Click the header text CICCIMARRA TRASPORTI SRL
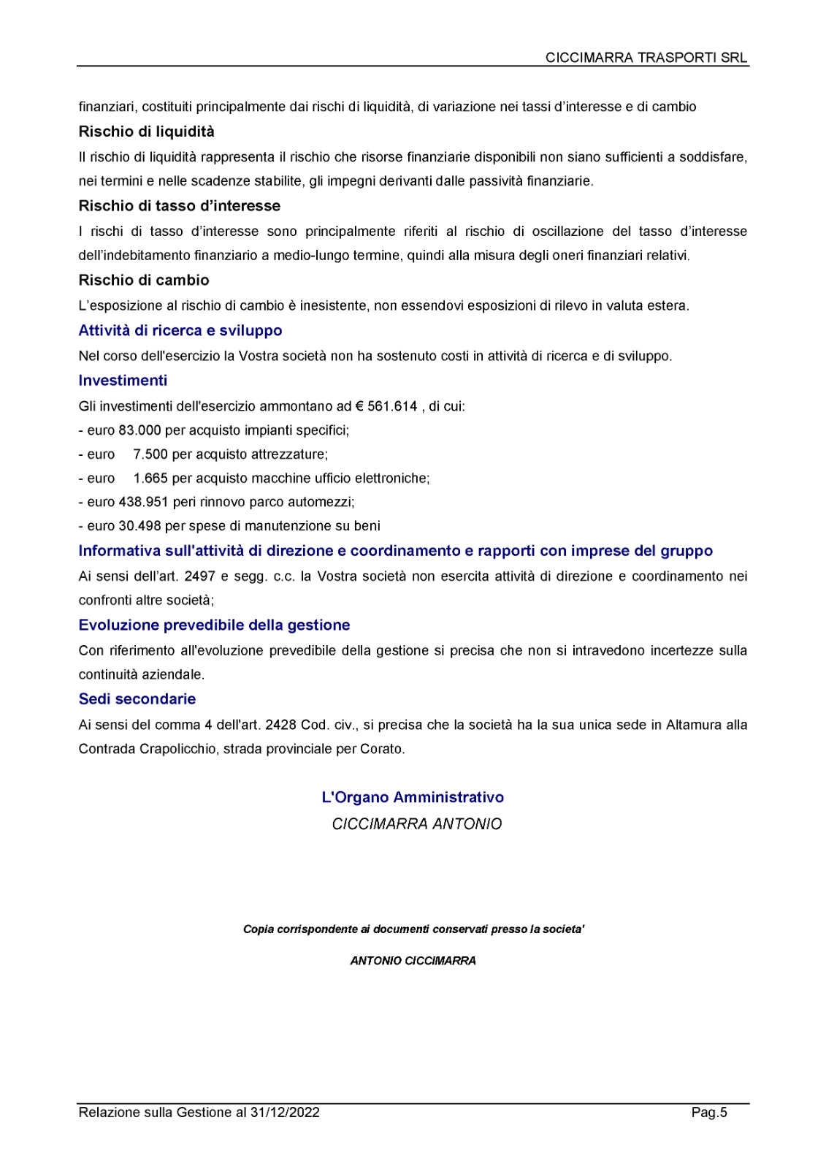tap(646, 58)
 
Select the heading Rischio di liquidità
tap(146, 132)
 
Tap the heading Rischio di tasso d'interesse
tap(179, 206)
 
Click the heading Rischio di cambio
tap(144, 281)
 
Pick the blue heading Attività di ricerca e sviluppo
tap(180, 330)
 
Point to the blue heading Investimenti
tap(123, 380)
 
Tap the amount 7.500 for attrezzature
tap(150, 454)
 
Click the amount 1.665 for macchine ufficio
tap(150, 479)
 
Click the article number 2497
tap(199, 576)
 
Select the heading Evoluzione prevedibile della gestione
tap(214, 625)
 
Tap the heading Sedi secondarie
tap(137, 699)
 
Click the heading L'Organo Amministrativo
tap(413, 797)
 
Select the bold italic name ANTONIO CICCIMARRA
tap(413, 961)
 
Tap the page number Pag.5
tap(709, 1113)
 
